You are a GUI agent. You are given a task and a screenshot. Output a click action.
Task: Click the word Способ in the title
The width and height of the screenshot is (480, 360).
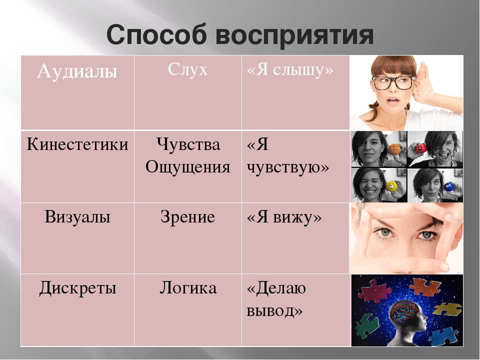156,35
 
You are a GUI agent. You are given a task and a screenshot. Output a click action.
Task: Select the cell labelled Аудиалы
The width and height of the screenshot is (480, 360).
77,93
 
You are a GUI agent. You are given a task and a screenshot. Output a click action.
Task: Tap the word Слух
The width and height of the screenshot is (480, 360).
187,69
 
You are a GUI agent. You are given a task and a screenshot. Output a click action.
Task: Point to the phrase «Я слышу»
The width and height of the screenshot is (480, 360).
290,70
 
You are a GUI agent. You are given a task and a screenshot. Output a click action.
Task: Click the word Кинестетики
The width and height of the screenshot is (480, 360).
77,144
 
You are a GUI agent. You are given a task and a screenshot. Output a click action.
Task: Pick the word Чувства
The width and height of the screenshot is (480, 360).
188,144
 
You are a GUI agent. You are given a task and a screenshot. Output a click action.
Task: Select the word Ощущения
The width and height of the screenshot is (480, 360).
188,167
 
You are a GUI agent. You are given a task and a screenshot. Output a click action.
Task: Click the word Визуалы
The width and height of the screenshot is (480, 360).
77,216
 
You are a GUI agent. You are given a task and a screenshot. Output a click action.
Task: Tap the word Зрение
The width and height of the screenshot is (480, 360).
187,216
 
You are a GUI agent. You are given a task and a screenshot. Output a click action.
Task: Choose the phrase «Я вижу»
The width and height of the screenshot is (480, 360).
284,217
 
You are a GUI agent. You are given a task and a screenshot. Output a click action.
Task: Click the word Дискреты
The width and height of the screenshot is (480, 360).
78,288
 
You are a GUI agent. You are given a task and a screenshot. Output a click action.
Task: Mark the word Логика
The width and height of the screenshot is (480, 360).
188,288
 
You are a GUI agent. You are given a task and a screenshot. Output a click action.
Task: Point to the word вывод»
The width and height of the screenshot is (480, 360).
274,311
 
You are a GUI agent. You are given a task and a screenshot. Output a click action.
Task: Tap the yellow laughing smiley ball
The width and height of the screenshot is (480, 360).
391,186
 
